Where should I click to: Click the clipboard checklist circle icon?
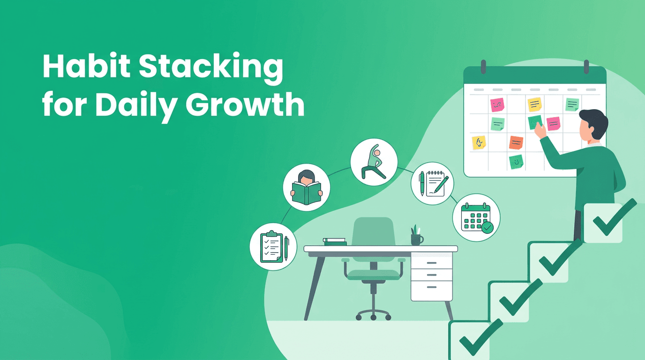(x=273, y=246)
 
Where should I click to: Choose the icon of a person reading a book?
(x=306, y=187)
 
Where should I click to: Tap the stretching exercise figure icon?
(x=374, y=161)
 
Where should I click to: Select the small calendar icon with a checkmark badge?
(x=476, y=217)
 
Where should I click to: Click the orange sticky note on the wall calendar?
(x=516, y=142)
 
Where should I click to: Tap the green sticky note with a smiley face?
(x=516, y=162)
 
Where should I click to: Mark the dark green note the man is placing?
(x=534, y=122)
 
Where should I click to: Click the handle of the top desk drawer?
(x=431, y=263)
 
